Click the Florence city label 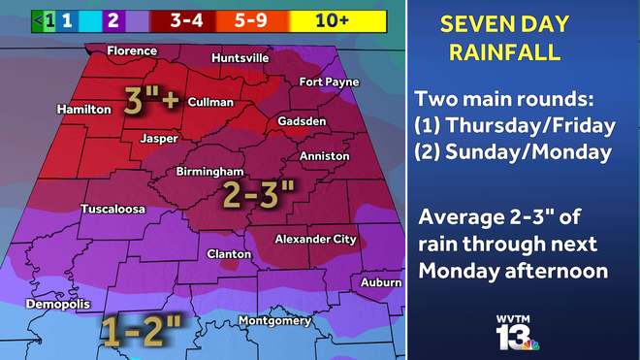click(x=132, y=50)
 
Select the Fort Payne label click(x=330, y=82)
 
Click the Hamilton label click(x=83, y=110)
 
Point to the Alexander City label click(x=316, y=239)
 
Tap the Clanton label click(x=230, y=254)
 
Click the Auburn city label click(x=380, y=282)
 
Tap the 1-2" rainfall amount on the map click(x=144, y=331)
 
